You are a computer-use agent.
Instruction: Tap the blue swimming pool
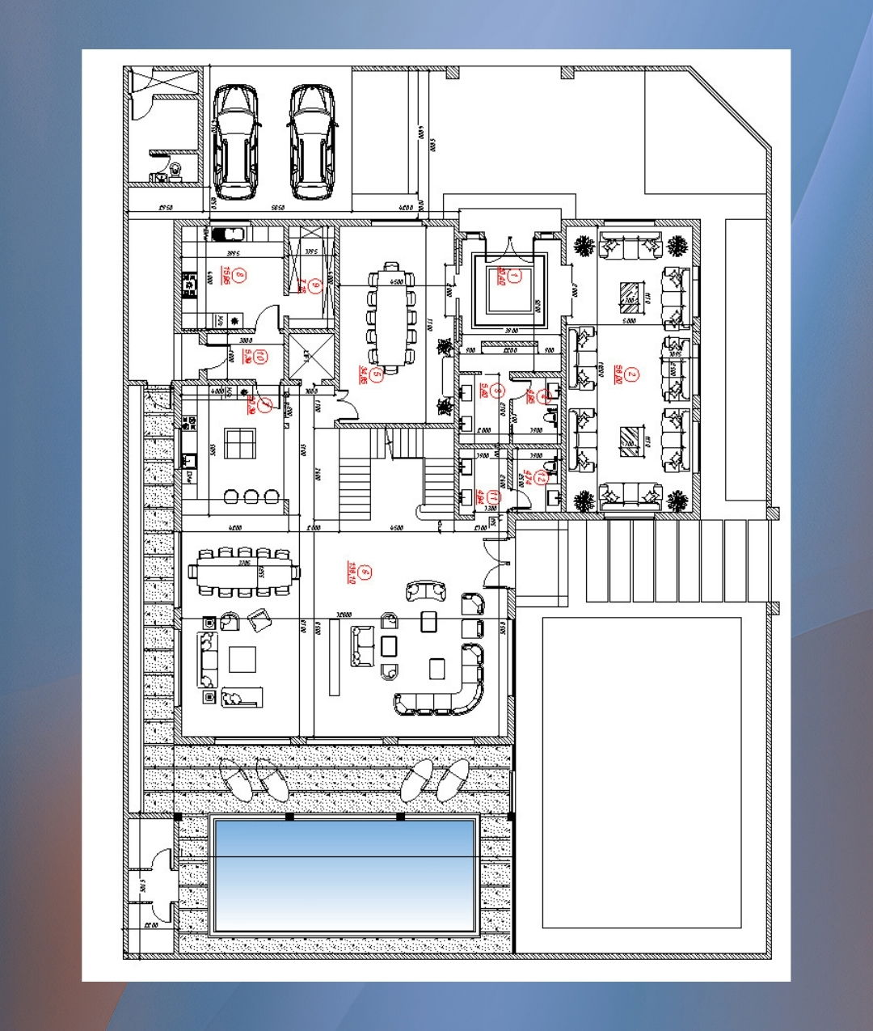pos(343,874)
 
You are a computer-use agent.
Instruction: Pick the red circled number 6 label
pos(365,573)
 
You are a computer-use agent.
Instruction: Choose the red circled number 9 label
pos(315,285)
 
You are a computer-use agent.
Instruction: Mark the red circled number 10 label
pos(260,356)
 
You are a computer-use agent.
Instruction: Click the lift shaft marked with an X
pos(311,355)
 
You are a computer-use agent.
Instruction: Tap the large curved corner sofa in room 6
pos(445,691)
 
